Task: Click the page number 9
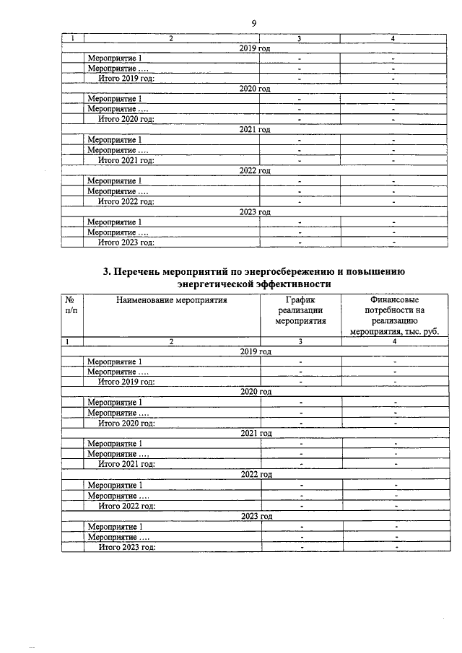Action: [254, 23]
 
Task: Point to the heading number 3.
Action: [106, 272]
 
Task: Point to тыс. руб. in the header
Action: [419, 333]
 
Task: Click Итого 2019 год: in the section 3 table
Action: [127, 381]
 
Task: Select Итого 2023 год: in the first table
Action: [127, 242]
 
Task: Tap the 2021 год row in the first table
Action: [255, 129]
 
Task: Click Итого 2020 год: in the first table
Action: [127, 119]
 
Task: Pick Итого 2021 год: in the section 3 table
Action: [127, 464]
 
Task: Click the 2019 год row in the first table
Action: [255, 48]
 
